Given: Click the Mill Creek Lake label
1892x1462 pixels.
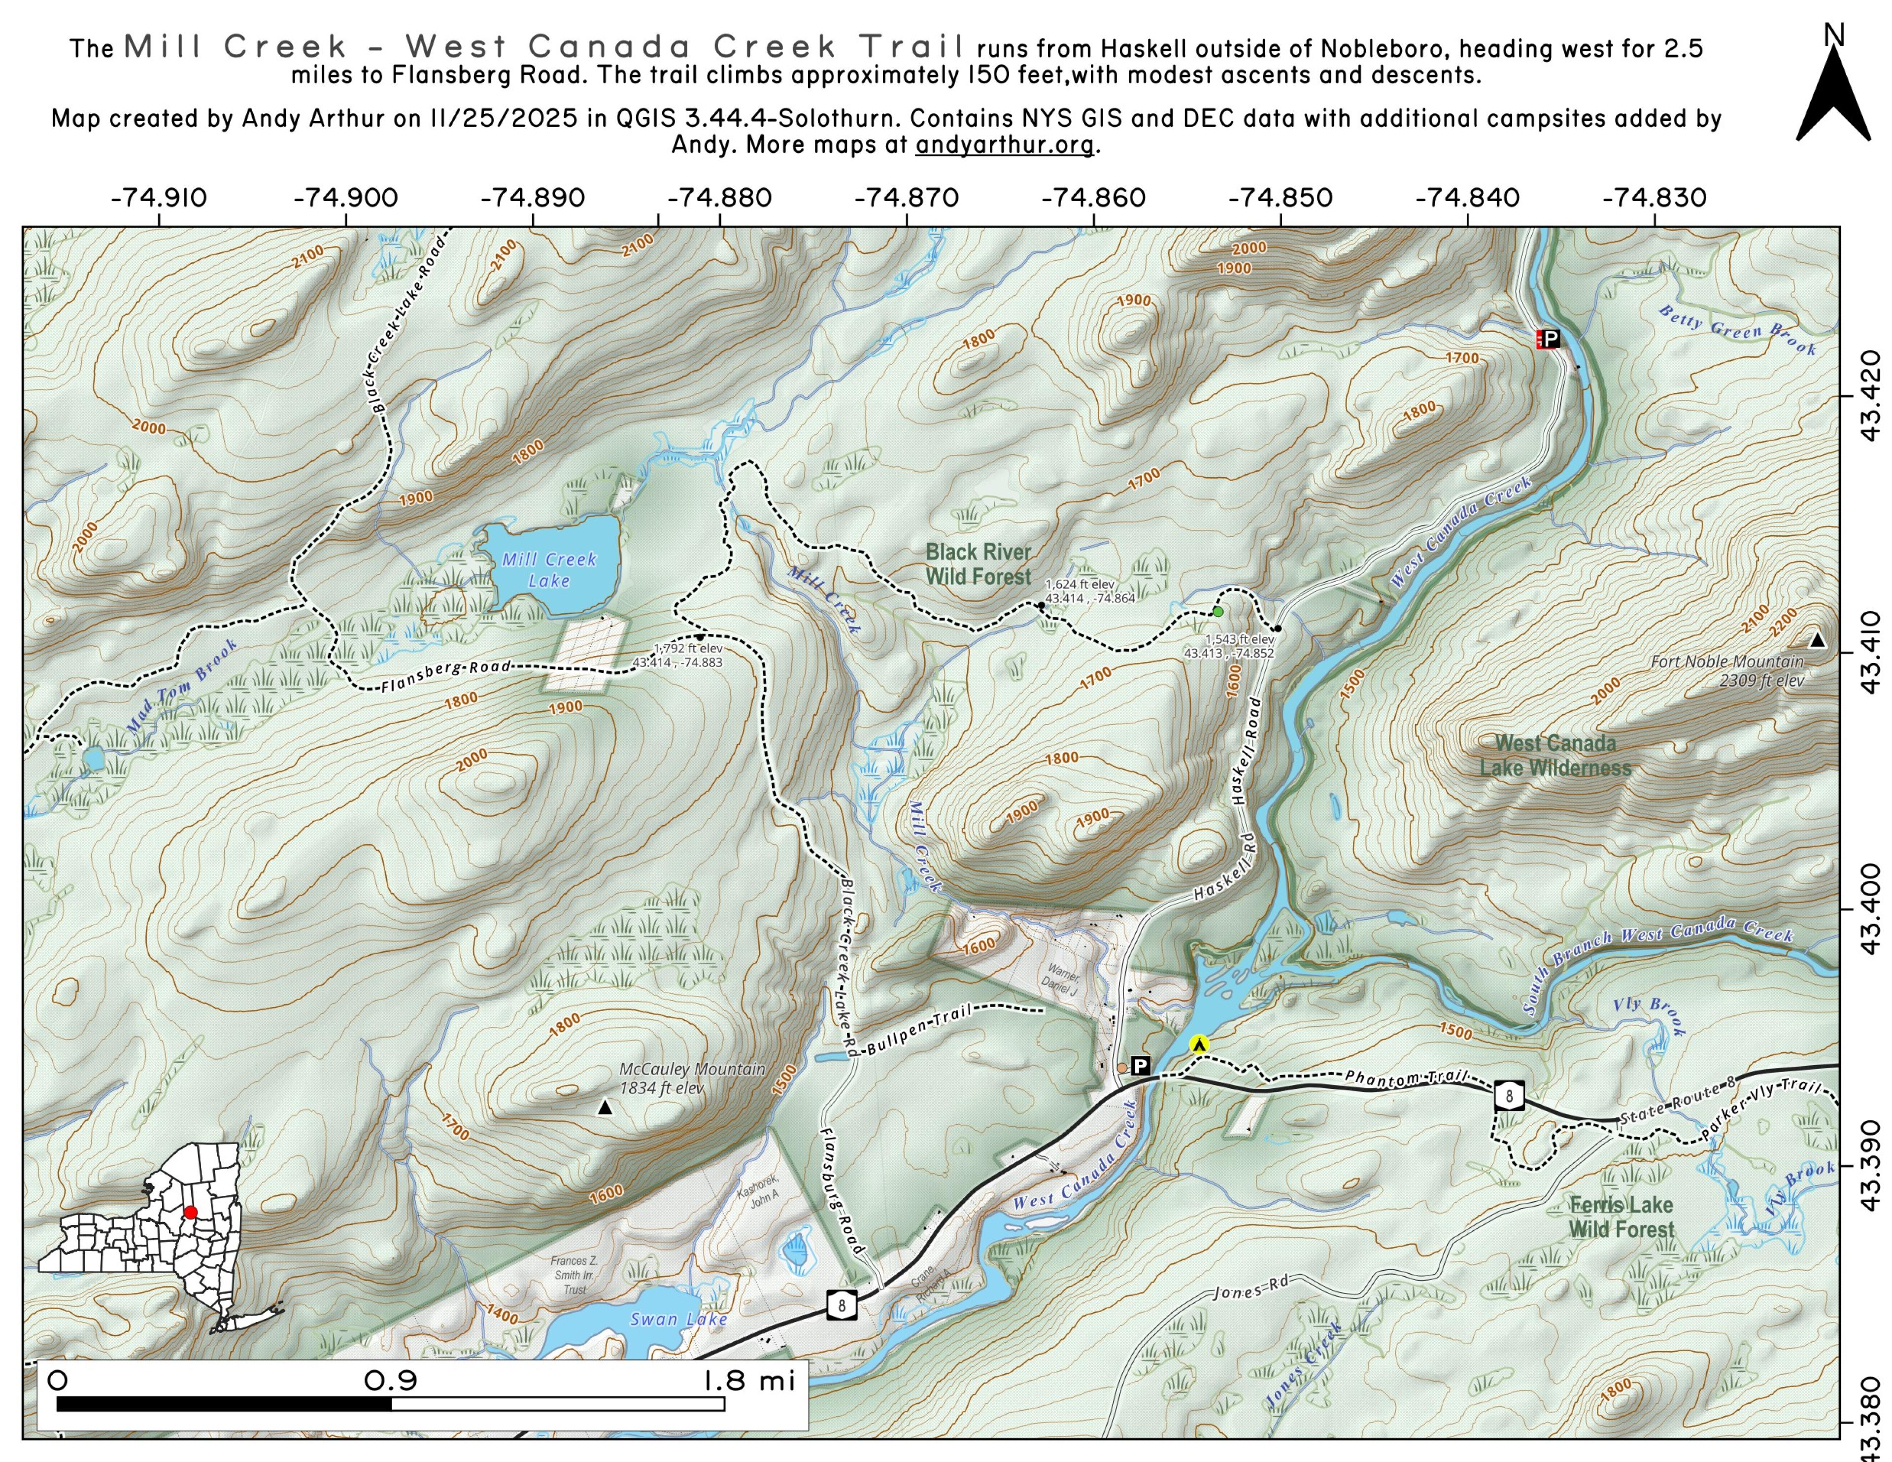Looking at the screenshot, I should pos(549,570).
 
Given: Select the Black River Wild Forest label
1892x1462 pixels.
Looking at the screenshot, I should pos(978,564).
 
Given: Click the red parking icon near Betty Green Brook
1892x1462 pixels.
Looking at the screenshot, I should pos(1548,339).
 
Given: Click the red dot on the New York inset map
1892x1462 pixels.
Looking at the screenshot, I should pos(191,1212).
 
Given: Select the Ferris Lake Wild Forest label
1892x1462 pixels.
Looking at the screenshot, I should pos(1621,1217).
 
